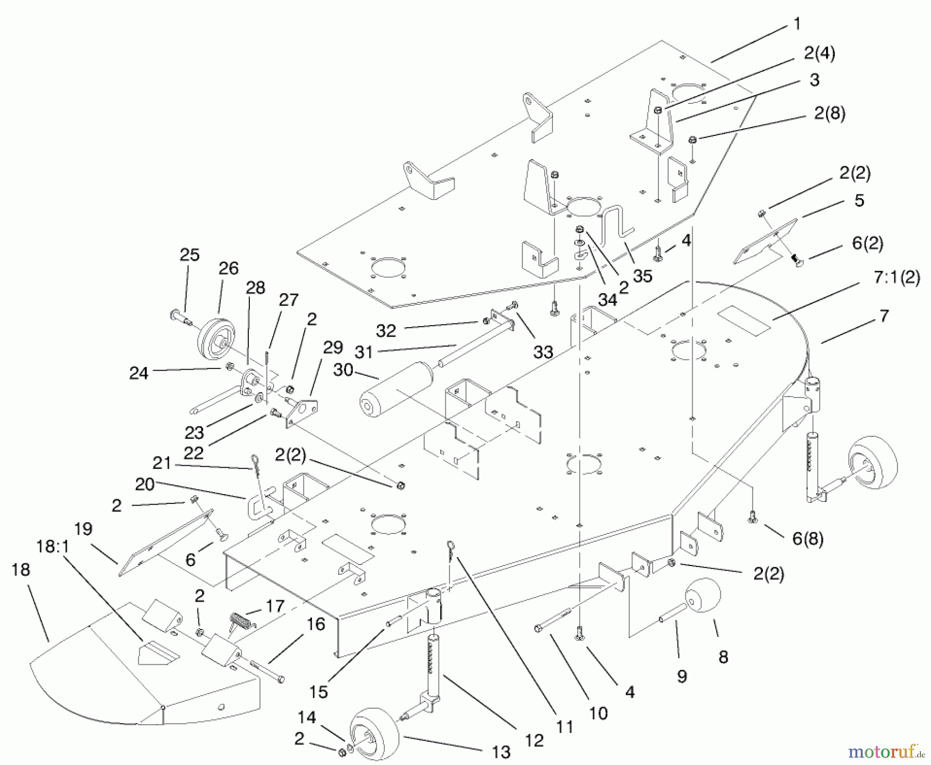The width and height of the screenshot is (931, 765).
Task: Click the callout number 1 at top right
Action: pos(797,24)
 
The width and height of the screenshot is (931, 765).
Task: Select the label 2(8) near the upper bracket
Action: pos(830,113)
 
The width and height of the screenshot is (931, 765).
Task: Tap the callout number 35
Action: pos(642,276)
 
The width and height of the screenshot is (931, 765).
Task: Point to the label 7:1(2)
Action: pos(896,278)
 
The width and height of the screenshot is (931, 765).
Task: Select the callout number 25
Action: pos(189,255)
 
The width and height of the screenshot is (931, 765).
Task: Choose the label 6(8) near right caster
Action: pos(807,539)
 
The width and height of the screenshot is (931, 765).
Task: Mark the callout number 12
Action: pos(534,740)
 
